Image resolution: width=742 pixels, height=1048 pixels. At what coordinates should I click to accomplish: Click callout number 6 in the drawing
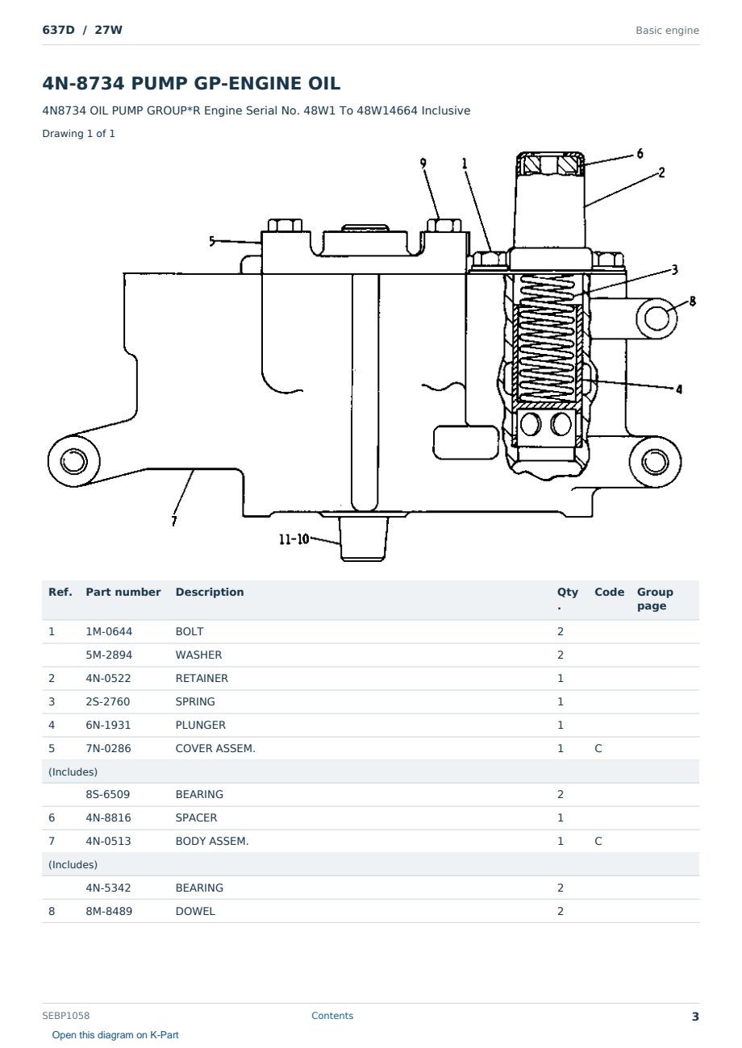tap(640, 153)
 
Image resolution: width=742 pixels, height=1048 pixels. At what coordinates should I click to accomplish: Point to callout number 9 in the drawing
tap(423, 164)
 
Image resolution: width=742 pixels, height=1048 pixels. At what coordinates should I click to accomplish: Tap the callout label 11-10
tap(294, 539)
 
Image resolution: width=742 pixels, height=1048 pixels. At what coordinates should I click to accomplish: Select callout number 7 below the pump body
tap(174, 521)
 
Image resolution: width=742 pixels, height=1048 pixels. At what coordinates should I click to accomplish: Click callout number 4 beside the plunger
tap(679, 389)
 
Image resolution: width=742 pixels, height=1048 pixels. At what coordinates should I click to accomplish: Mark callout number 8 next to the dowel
tap(692, 302)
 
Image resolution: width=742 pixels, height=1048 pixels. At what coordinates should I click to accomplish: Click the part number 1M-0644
tap(109, 631)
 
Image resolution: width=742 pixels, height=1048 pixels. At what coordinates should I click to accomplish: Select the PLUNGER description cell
tap(200, 726)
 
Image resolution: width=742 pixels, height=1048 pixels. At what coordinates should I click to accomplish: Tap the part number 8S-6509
tap(108, 794)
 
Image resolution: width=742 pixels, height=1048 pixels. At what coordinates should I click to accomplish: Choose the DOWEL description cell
tap(195, 912)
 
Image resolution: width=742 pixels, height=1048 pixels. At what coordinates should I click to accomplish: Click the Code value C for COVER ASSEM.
tap(598, 749)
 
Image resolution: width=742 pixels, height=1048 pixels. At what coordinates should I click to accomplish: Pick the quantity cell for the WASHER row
tap(561, 655)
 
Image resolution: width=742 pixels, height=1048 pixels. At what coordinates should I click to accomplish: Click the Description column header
tap(209, 592)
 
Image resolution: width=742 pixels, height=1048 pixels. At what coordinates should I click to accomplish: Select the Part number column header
tap(123, 592)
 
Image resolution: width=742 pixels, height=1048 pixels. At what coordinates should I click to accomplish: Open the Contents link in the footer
tap(332, 1016)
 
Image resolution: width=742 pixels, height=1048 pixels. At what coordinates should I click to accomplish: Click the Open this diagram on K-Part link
tap(115, 1035)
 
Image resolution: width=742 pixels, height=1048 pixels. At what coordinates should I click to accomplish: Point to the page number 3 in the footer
tap(695, 1017)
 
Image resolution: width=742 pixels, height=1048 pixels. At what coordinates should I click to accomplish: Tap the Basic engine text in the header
tap(667, 31)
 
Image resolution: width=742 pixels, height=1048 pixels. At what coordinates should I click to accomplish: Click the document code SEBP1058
tap(65, 1016)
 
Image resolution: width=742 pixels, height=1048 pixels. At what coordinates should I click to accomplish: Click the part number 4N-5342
tap(108, 888)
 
